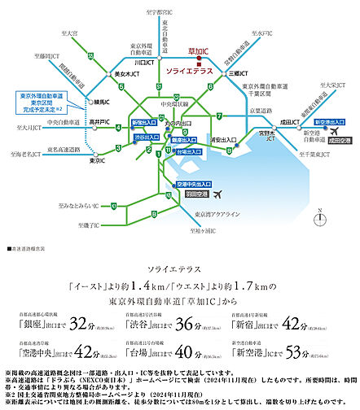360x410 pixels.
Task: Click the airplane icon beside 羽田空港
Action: pos(215,194)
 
